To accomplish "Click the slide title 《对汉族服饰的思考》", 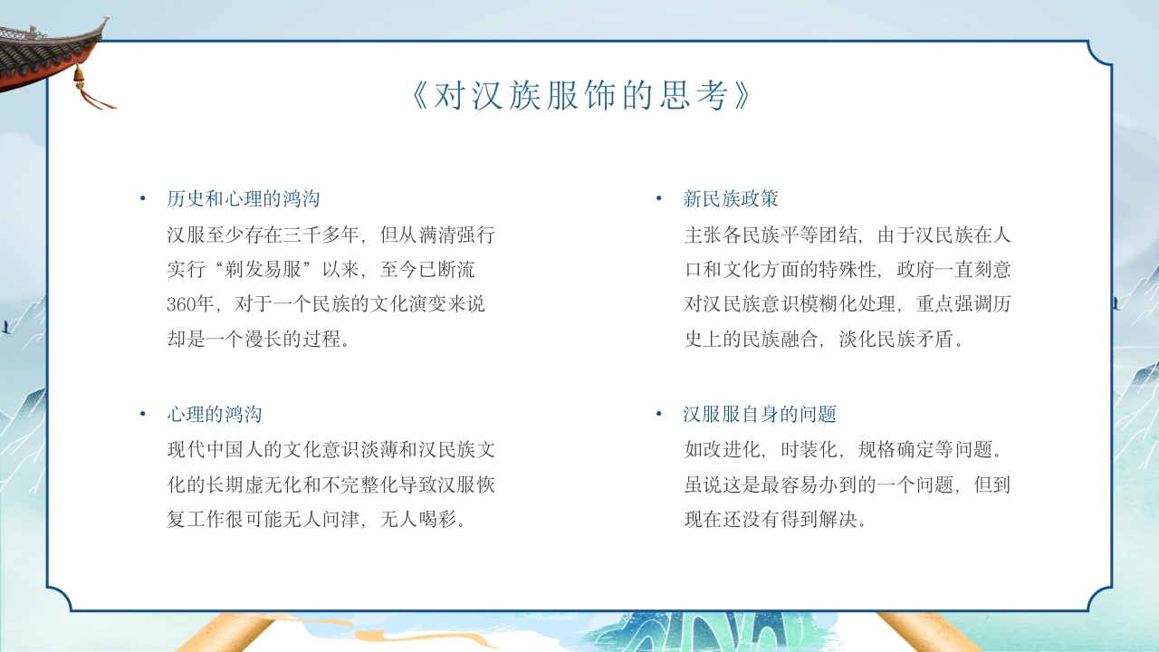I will pos(579,96).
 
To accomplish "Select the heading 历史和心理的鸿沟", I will pos(243,199).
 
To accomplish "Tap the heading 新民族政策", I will pos(731,199).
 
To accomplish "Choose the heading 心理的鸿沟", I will pos(215,415).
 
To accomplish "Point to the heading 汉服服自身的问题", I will pos(760,415).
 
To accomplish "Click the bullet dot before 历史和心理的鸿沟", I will pos(142,199).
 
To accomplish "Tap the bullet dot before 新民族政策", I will pos(659,199).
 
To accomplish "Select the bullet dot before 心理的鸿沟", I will pos(142,415).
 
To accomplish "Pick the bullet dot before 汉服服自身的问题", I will pos(659,415).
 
